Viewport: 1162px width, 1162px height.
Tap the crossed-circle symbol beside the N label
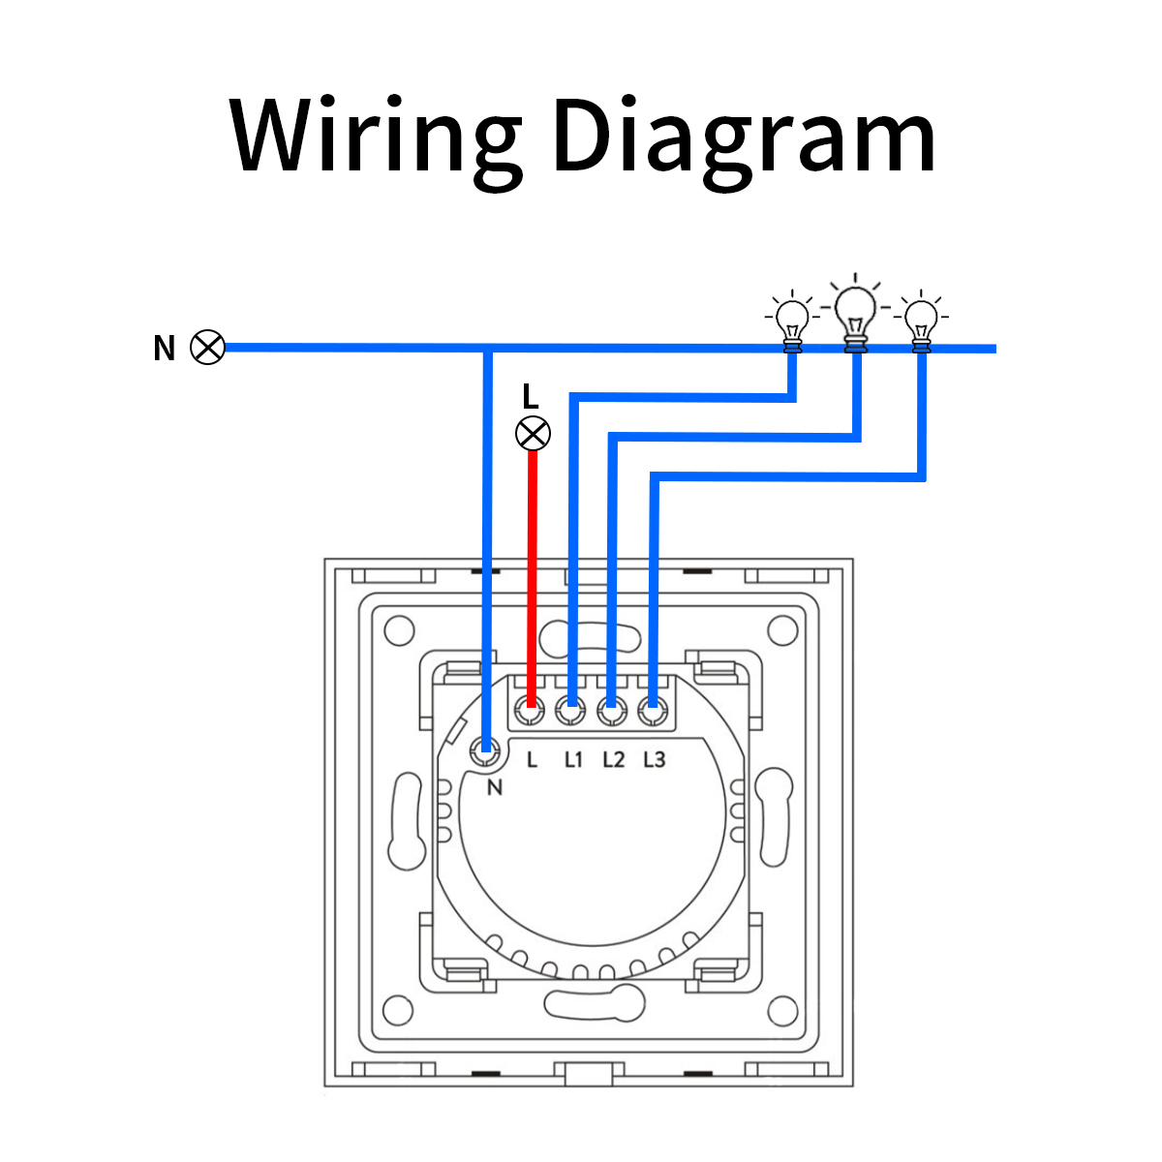207,347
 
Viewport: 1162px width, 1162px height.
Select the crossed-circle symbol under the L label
533,433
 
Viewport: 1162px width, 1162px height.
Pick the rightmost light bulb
920,320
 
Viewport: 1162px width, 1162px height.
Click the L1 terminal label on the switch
573,760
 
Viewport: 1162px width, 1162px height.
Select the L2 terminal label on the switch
613,760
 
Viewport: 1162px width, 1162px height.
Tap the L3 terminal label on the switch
655,760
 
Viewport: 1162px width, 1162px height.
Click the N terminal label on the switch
495,787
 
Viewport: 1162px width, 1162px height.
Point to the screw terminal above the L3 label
651,712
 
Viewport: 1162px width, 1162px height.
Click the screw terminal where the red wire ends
529,712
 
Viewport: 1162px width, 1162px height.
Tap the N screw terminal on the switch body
485,748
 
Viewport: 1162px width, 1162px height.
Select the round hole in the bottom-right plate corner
782,1011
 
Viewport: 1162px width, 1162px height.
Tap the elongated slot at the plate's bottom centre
594,1003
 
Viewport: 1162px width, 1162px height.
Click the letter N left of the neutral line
164,349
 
